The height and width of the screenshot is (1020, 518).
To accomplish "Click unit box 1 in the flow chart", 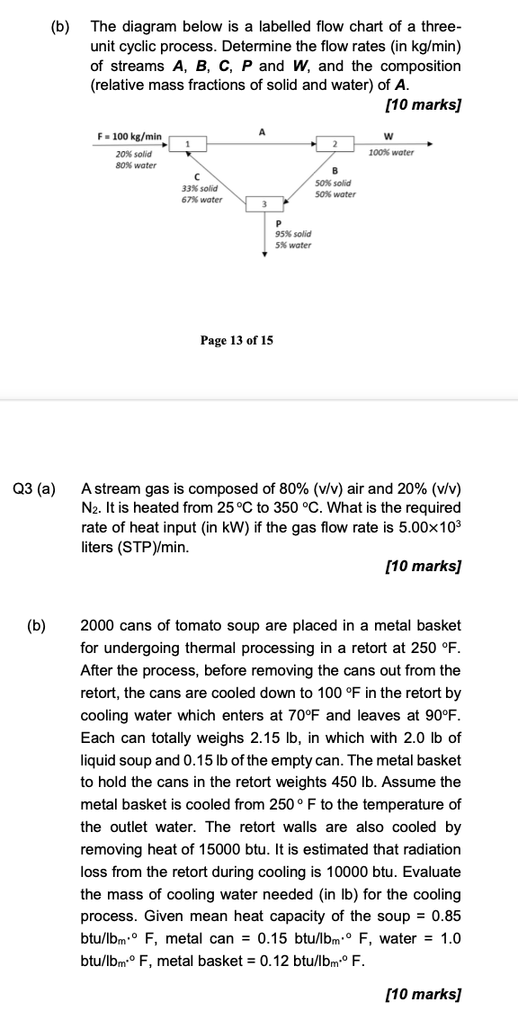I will coord(189,143).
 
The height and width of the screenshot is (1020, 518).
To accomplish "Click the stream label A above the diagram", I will coord(262,131).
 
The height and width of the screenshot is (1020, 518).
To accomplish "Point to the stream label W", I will coord(388,137).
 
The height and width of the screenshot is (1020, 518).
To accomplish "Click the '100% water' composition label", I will coord(391,153).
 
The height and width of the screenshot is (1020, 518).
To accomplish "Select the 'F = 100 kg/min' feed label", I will coord(129,137).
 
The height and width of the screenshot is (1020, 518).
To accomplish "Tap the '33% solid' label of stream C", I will coord(200,188).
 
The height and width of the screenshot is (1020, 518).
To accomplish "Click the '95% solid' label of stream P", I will coord(293,234).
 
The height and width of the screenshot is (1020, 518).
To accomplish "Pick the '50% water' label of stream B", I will coord(335,194).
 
